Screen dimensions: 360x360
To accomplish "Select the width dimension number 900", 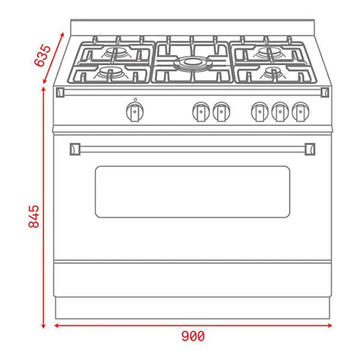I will [193, 337].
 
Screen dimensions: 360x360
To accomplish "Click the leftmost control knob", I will [135, 110].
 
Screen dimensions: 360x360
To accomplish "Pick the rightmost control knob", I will [299, 110].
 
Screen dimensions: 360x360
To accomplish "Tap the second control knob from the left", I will [201, 110].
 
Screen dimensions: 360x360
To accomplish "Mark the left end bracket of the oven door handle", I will [75, 147].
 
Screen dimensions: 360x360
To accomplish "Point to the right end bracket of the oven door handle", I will [311, 147].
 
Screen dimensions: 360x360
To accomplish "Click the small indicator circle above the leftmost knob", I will [135, 99].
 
